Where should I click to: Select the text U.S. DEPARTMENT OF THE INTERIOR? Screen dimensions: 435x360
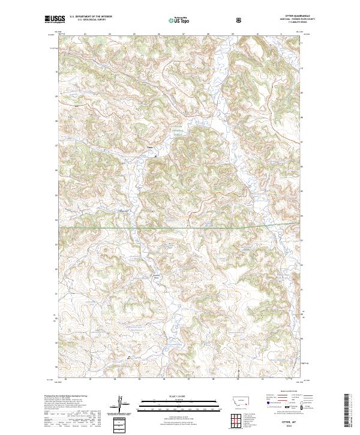point(91,16)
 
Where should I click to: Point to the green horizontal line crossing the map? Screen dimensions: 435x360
point(180,227)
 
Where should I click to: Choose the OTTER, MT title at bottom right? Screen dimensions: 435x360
point(292,422)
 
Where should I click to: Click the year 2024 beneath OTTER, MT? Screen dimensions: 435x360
point(292,427)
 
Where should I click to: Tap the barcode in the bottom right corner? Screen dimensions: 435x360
point(348,414)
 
